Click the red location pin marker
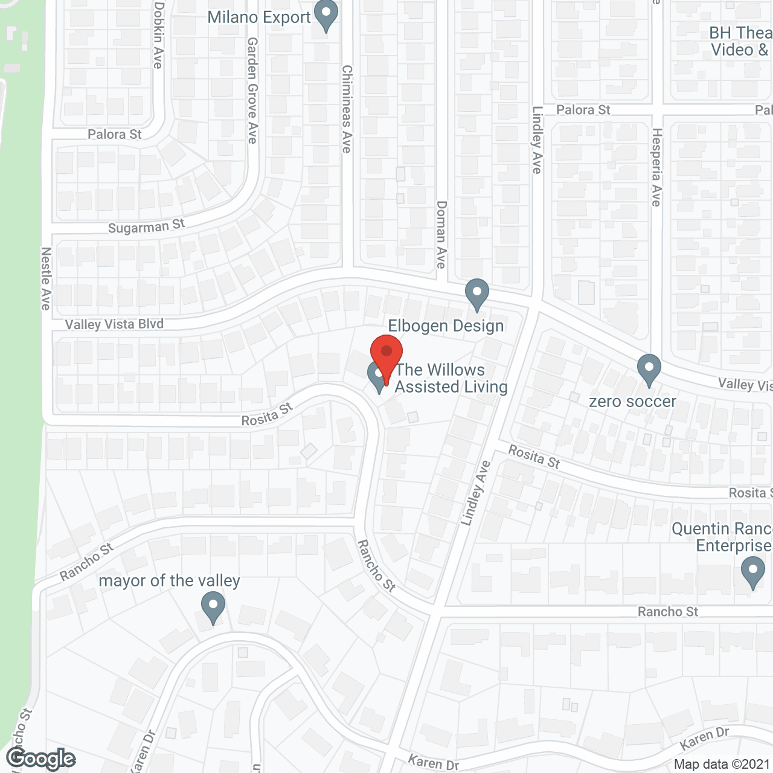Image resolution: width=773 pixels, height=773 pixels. (386, 354)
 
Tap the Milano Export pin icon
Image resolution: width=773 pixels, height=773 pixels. (326, 16)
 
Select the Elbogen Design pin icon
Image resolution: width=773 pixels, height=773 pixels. (477, 294)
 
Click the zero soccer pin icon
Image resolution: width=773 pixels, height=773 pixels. (649, 370)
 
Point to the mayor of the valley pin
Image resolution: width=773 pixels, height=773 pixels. (213, 607)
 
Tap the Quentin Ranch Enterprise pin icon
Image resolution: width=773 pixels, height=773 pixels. (752, 572)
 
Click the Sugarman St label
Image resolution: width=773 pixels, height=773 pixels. (146, 226)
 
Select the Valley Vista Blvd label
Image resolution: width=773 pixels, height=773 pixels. (114, 324)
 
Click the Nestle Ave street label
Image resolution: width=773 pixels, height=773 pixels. (46, 278)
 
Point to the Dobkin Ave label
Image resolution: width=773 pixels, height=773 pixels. (158, 35)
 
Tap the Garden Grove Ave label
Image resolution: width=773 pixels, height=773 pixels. (252, 91)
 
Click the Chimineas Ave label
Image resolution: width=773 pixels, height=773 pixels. (347, 109)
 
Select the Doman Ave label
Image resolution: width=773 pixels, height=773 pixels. (441, 235)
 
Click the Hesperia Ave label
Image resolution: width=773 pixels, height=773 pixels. (656, 167)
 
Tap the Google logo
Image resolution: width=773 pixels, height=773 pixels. (40, 759)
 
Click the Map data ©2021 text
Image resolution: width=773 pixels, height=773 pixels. (722, 764)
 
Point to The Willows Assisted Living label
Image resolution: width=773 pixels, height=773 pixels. (451, 378)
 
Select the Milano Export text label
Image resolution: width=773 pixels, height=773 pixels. (258, 17)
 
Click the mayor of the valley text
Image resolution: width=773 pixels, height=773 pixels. (169, 580)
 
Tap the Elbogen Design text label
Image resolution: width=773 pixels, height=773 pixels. (446, 326)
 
